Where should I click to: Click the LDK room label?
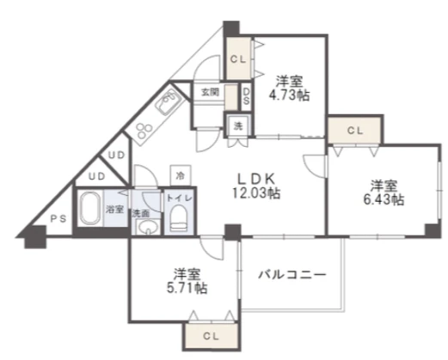point(256,179)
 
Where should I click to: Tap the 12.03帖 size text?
point(256,193)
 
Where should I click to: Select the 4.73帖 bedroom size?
point(289,95)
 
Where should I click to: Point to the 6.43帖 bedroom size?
point(384,199)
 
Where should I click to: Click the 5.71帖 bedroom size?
point(187,288)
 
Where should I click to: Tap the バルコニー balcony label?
point(292,275)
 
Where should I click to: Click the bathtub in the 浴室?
point(90,208)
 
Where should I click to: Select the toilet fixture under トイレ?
point(180,218)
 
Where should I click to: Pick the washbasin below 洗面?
point(148,228)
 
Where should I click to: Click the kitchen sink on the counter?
point(168,101)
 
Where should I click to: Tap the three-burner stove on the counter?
point(144,131)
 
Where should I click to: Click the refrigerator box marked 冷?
point(181,175)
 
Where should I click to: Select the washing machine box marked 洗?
point(238,125)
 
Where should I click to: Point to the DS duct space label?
point(246,96)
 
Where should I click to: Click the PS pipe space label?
point(58,219)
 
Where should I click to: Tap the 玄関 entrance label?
point(210,92)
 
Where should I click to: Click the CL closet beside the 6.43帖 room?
point(355,130)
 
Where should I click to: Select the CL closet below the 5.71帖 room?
point(211,336)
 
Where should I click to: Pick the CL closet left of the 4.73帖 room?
point(238,59)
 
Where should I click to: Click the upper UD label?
point(117,156)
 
